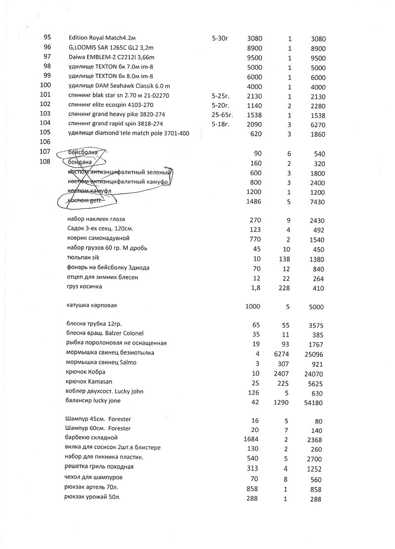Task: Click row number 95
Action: pos(47,38)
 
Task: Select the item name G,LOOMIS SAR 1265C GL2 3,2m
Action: pos(112,47)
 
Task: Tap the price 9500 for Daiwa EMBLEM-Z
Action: pos(254,58)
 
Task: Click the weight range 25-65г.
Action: pos(222,114)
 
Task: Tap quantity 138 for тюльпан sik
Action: pos(284,259)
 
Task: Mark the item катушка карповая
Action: pos(91,306)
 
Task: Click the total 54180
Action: pos(314,402)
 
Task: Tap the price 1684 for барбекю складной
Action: pos(252,440)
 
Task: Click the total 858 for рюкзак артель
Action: pos(315,490)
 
